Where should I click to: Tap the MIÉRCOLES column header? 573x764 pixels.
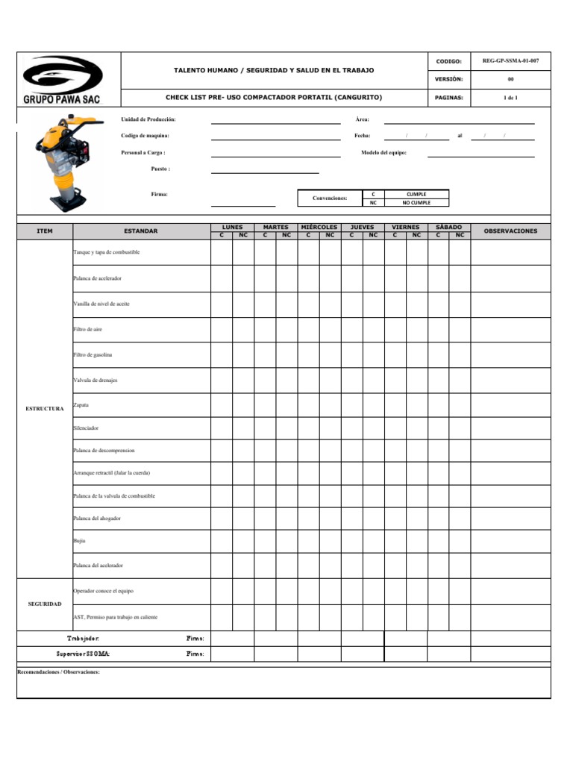[319, 227]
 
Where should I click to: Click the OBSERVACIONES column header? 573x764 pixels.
[510, 231]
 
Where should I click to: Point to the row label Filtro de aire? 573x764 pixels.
[87, 329]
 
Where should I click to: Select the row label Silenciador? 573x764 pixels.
[86, 428]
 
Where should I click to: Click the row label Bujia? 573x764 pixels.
[79, 540]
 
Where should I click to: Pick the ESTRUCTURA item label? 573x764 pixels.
[45, 409]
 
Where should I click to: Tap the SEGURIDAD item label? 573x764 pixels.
[45, 604]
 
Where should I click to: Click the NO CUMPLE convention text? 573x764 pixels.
[416, 202]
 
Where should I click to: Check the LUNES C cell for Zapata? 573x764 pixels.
[221, 405]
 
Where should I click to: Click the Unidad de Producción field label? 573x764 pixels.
[148, 119]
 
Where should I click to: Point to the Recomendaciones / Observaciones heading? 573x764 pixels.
[58, 671]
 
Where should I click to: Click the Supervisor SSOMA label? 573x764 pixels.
[83, 654]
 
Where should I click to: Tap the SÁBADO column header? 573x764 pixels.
[448, 227]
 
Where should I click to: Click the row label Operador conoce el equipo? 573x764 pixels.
[103, 591]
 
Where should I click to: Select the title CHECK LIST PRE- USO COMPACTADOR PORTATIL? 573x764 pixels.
[273, 98]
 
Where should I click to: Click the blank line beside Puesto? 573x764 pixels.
[264, 170]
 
